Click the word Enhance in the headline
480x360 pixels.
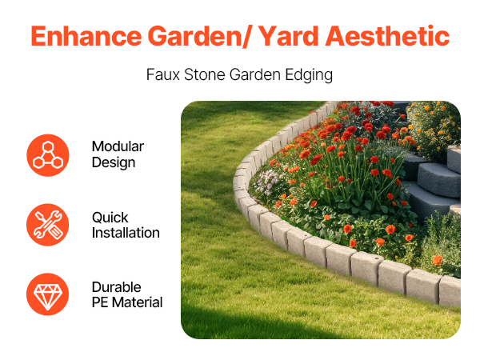(x=86, y=36)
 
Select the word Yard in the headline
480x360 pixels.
(x=288, y=36)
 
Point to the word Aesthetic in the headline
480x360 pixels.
(x=387, y=36)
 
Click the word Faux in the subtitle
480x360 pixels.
(x=163, y=74)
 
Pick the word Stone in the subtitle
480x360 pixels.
(x=205, y=74)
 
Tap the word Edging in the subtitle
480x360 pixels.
(x=309, y=76)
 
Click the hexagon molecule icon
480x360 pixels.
(x=48, y=155)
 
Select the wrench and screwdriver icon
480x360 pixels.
(x=48, y=225)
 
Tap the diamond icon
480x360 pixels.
(x=48, y=294)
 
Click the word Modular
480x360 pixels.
(x=118, y=146)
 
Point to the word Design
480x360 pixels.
(x=114, y=163)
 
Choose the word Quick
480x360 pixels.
(x=110, y=218)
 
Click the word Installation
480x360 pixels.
(x=126, y=233)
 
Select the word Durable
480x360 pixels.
(x=117, y=287)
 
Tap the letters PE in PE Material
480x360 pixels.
(x=100, y=302)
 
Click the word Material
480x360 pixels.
(x=137, y=302)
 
